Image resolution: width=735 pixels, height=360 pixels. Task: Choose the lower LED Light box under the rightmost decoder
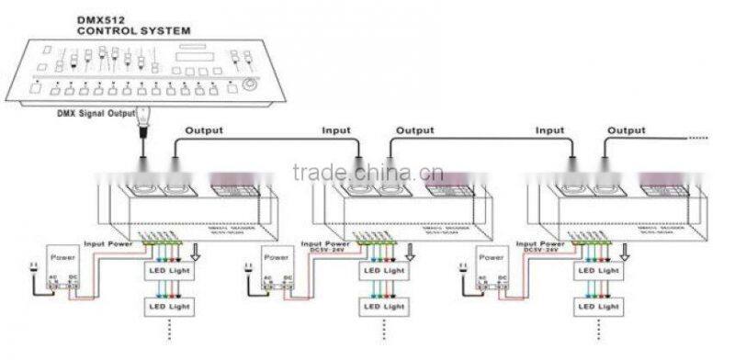[x=598, y=304]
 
